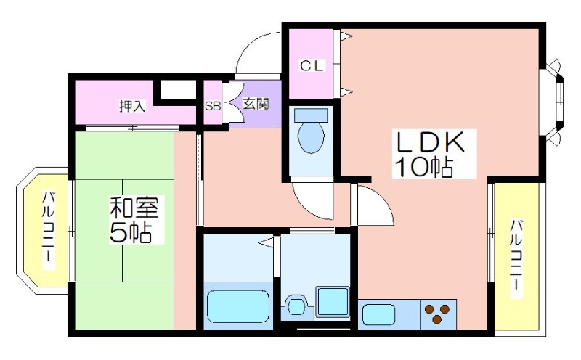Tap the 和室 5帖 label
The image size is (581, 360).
(134, 220)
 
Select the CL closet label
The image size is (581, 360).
(312, 66)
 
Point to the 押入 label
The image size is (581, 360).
(133, 106)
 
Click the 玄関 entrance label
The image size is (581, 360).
(256, 104)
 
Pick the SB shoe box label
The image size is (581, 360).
(213, 106)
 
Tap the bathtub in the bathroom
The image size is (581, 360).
(238, 306)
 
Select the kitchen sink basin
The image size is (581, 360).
(378, 314)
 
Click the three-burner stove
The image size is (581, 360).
(439, 314)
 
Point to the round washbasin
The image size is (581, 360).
(296, 306)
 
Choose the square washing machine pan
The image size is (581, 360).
(333, 302)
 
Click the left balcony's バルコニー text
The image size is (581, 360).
(48, 231)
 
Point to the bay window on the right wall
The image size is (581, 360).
(553, 101)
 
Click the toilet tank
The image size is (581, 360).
(311, 115)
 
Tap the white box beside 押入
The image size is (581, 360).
(178, 89)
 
